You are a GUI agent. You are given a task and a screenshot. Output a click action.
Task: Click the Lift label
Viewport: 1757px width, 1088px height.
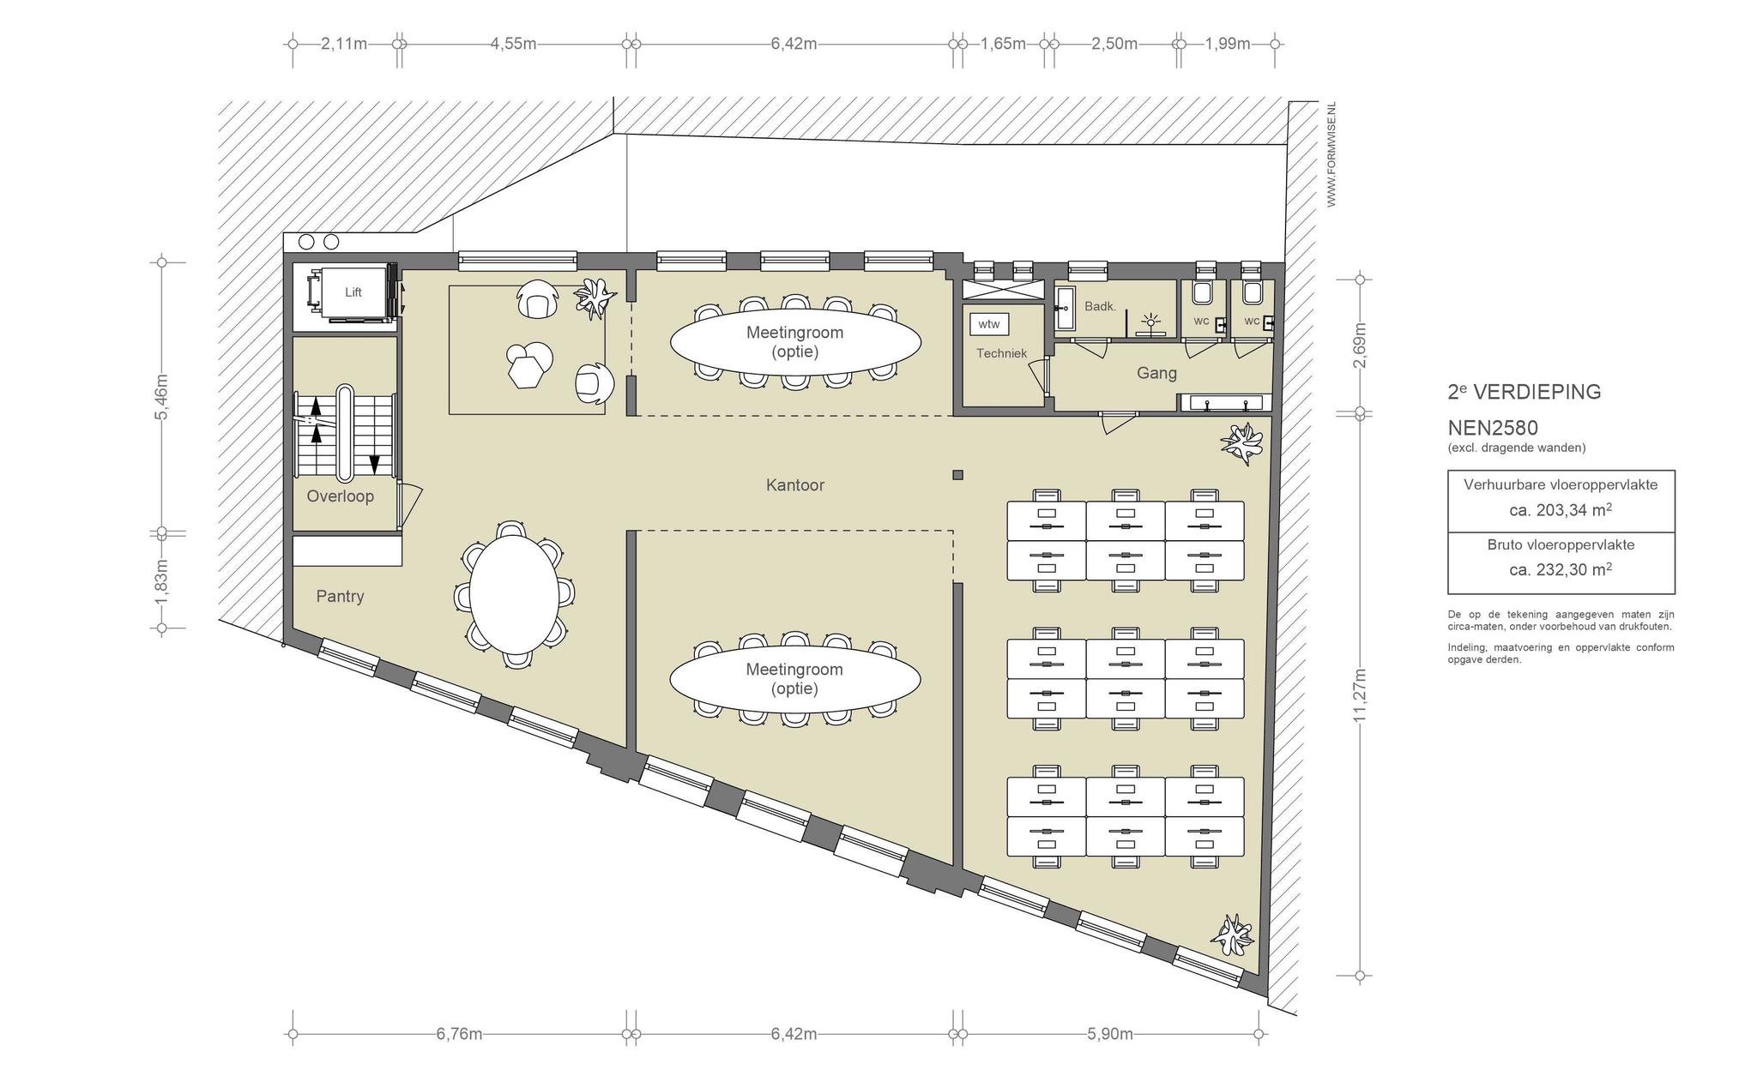tap(353, 292)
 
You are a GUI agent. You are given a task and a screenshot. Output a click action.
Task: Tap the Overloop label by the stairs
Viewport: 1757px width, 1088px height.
tap(341, 496)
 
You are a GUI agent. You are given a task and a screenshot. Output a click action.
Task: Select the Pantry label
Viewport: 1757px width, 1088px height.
tap(340, 597)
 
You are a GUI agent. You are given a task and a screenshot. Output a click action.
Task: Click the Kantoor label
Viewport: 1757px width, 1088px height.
tap(795, 485)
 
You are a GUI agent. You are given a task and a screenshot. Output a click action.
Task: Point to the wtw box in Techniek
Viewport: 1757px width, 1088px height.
tap(989, 324)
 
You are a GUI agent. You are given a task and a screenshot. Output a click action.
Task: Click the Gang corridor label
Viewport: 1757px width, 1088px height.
tap(1156, 373)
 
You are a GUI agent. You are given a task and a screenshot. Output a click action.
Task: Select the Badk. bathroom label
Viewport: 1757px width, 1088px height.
tap(1100, 306)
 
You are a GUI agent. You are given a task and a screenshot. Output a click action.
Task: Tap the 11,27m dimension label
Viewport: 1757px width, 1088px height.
tap(1360, 694)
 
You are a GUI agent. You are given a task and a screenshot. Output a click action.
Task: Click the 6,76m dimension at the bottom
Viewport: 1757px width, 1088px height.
tap(459, 1034)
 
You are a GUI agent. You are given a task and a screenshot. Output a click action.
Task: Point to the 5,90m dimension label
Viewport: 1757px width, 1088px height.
tap(1110, 1034)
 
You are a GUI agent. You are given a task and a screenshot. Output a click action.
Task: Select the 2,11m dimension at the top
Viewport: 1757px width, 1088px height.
tap(344, 44)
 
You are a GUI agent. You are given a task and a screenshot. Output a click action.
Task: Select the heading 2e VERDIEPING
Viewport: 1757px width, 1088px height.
tap(1525, 392)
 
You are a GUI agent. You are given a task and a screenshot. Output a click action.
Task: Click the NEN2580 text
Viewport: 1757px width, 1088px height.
tap(1493, 427)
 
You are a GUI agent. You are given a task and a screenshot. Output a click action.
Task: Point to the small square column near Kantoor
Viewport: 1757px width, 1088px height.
tap(957, 475)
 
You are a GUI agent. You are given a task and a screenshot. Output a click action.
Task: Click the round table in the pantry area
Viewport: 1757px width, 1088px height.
tap(515, 593)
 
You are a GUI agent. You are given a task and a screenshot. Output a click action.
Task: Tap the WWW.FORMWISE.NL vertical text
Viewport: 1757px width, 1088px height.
tap(1331, 154)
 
